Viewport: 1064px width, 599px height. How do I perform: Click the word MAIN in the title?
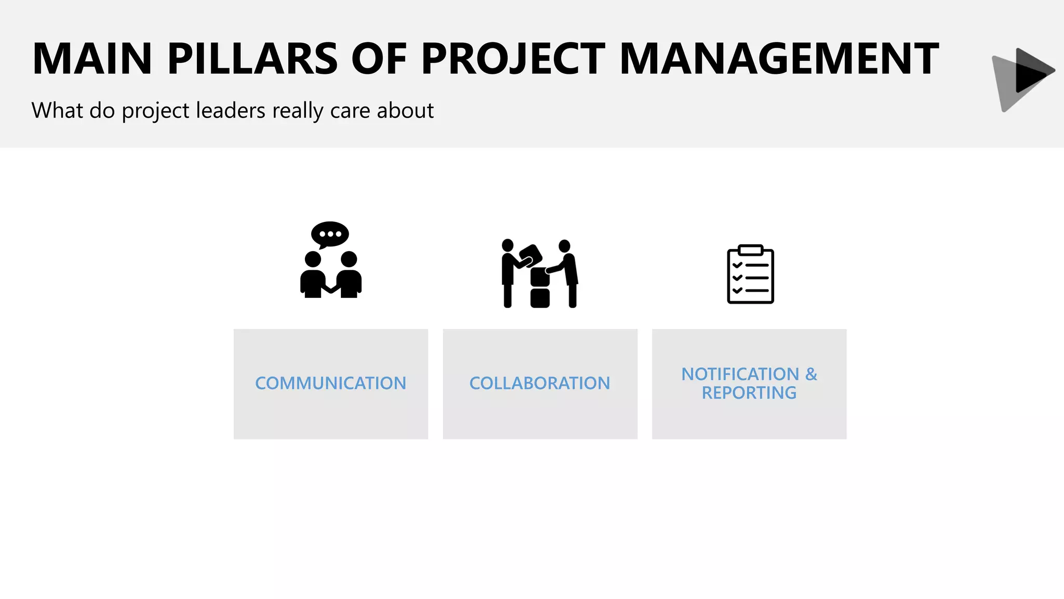92,59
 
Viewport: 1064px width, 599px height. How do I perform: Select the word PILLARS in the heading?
252,59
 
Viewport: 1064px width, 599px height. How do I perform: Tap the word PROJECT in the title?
513,59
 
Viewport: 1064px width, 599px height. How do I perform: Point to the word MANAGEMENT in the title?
779,59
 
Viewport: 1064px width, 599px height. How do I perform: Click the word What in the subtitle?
57,110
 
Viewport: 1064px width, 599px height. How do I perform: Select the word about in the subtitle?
405,110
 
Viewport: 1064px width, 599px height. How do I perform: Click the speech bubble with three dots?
330,234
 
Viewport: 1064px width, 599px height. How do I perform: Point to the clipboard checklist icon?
750,275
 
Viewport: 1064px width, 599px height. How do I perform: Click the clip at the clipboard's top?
750,250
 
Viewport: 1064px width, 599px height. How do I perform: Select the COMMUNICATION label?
330,383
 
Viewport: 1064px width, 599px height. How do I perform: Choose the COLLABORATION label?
540,383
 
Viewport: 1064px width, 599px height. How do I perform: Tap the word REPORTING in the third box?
749,393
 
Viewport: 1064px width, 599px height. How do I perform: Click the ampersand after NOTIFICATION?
811,374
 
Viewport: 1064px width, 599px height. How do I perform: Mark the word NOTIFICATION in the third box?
740,374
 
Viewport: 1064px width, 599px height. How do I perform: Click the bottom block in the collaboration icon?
540,298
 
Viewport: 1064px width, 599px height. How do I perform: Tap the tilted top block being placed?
531,255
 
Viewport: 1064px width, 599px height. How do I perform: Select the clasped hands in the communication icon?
330,288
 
